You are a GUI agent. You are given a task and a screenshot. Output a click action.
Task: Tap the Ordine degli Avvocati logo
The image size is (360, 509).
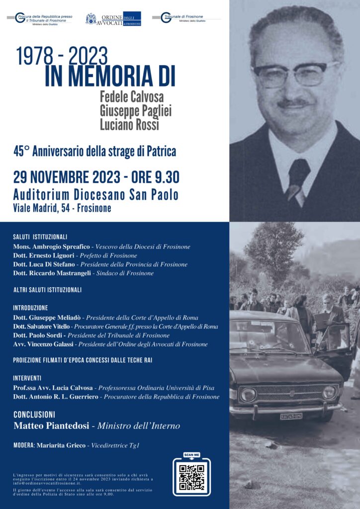[x=113, y=19]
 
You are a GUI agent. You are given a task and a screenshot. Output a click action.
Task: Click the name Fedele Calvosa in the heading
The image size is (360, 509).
[x=132, y=96]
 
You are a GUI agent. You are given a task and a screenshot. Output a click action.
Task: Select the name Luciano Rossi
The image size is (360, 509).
[x=128, y=125]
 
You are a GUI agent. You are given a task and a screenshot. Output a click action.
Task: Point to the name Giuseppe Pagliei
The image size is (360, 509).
[x=135, y=110]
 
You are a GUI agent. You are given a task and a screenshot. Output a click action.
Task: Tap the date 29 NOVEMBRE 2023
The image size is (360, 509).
[x=67, y=176]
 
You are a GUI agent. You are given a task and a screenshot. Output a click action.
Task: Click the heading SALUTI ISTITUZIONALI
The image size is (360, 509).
[x=40, y=237]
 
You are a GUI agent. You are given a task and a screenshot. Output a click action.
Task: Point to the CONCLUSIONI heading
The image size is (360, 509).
[x=34, y=414]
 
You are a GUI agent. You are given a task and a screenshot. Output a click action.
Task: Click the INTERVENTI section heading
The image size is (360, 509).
[x=27, y=378]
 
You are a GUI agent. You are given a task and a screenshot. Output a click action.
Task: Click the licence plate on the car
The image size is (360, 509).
[x=291, y=416]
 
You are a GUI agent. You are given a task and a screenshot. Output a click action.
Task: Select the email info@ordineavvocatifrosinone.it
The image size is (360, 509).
[x=46, y=483]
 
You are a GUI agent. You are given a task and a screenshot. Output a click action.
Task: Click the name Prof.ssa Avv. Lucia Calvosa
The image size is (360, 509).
[x=53, y=387]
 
